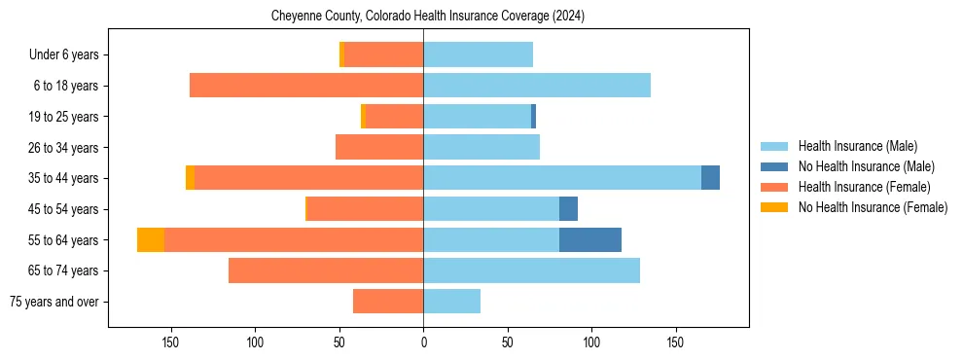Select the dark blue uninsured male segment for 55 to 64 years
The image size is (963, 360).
(x=589, y=240)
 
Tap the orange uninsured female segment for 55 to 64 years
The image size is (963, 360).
(x=151, y=240)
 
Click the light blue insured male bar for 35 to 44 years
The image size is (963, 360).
(x=561, y=178)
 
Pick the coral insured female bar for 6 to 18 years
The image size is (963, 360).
(x=305, y=86)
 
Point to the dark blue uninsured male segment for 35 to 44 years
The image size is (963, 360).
(x=710, y=178)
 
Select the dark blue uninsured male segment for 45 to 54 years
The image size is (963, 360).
(x=568, y=209)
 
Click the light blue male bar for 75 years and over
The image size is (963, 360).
(x=451, y=302)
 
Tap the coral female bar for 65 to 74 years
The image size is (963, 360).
(x=325, y=270)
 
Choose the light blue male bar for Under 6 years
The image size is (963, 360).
(x=478, y=54)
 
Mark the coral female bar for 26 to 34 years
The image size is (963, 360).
(x=378, y=147)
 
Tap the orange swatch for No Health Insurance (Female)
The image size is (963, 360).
(x=775, y=207)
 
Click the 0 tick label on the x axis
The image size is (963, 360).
(x=423, y=342)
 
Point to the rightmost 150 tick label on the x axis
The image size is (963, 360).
(x=675, y=342)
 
